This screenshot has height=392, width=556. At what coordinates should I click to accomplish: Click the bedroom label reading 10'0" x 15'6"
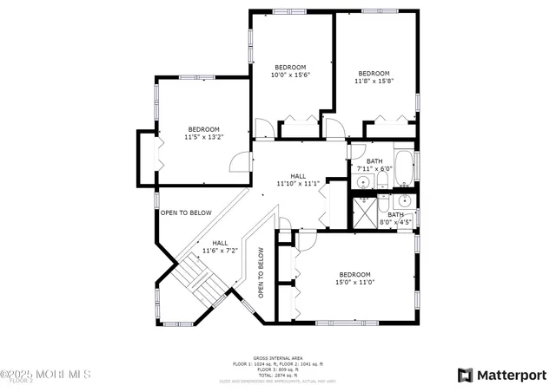[x=290, y=71]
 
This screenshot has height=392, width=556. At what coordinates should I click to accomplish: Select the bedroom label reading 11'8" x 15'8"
[x=374, y=77]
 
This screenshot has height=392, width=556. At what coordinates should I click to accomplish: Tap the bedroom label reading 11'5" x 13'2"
[x=203, y=133]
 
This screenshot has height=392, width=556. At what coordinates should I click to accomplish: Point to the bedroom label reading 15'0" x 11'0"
[x=354, y=278]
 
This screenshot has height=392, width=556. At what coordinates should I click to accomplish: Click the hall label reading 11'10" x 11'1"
[x=298, y=179]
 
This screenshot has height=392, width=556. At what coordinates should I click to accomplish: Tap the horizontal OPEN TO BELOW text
[x=186, y=212]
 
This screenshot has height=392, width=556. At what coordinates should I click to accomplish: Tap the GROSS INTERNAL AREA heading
[x=277, y=357]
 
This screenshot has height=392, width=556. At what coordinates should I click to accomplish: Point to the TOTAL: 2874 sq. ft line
[x=277, y=376]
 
